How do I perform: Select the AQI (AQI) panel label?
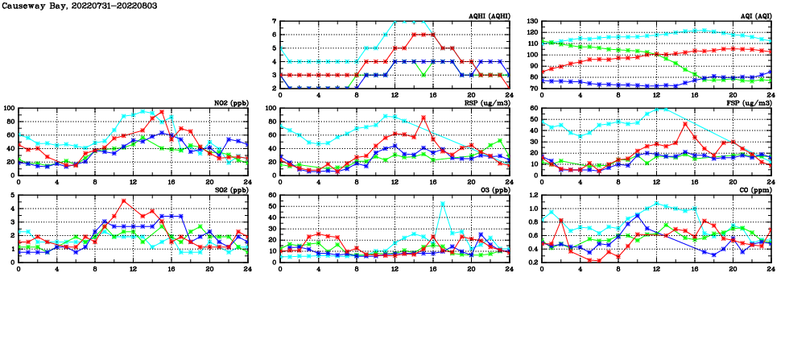[x=754, y=16]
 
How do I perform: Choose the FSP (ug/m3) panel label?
[x=751, y=103]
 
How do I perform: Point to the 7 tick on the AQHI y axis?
[x=275, y=22]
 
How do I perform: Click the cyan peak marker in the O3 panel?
[x=443, y=204]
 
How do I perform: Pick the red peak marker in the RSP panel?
[x=423, y=118]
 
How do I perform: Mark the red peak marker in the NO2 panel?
[x=162, y=113]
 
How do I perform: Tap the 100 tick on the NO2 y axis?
[x=8, y=109]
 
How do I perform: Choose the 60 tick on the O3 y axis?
[x=272, y=196]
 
